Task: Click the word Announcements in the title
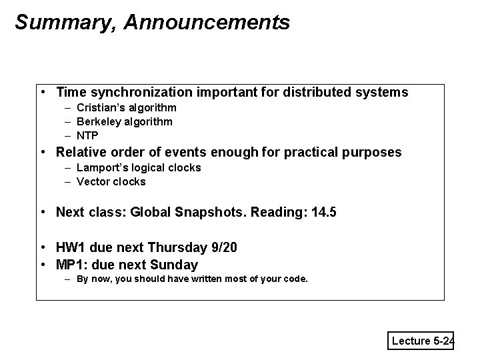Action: coord(206,23)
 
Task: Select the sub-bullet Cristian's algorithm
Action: coord(126,107)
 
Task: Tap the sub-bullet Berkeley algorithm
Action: coord(124,121)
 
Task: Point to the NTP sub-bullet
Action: coord(87,135)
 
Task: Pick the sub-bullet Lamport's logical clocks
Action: coord(138,167)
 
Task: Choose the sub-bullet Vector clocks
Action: coord(111,181)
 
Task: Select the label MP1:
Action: coord(73,265)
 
